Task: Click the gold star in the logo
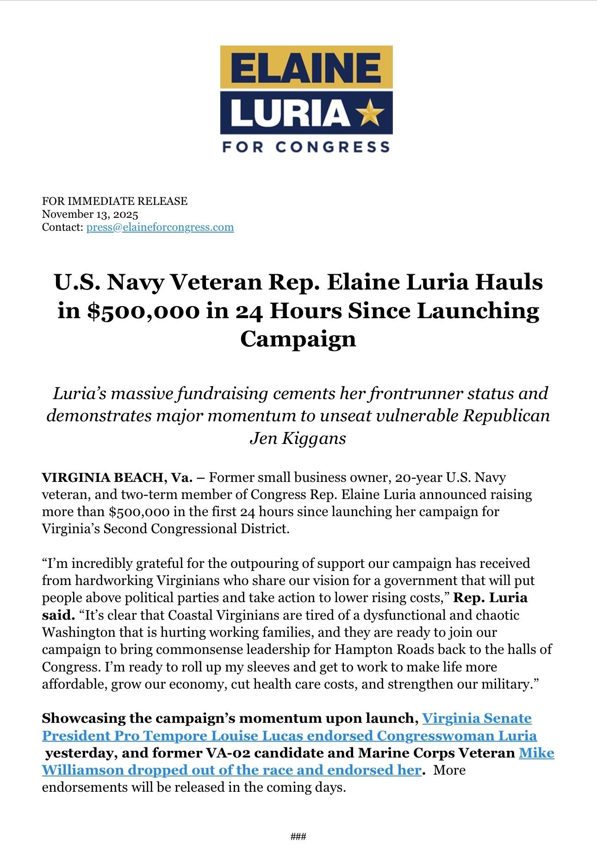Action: coord(372,113)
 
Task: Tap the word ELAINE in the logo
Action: coord(306,67)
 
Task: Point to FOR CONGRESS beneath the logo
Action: coord(306,147)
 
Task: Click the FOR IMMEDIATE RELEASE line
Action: coord(115,201)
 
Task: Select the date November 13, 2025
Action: coord(90,214)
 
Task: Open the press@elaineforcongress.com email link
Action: coord(160,228)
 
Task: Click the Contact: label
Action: coord(62,228)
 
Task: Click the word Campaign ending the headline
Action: coord(298,339)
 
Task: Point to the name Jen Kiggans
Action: coord(298,438)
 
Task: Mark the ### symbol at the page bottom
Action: coord(298,836)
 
